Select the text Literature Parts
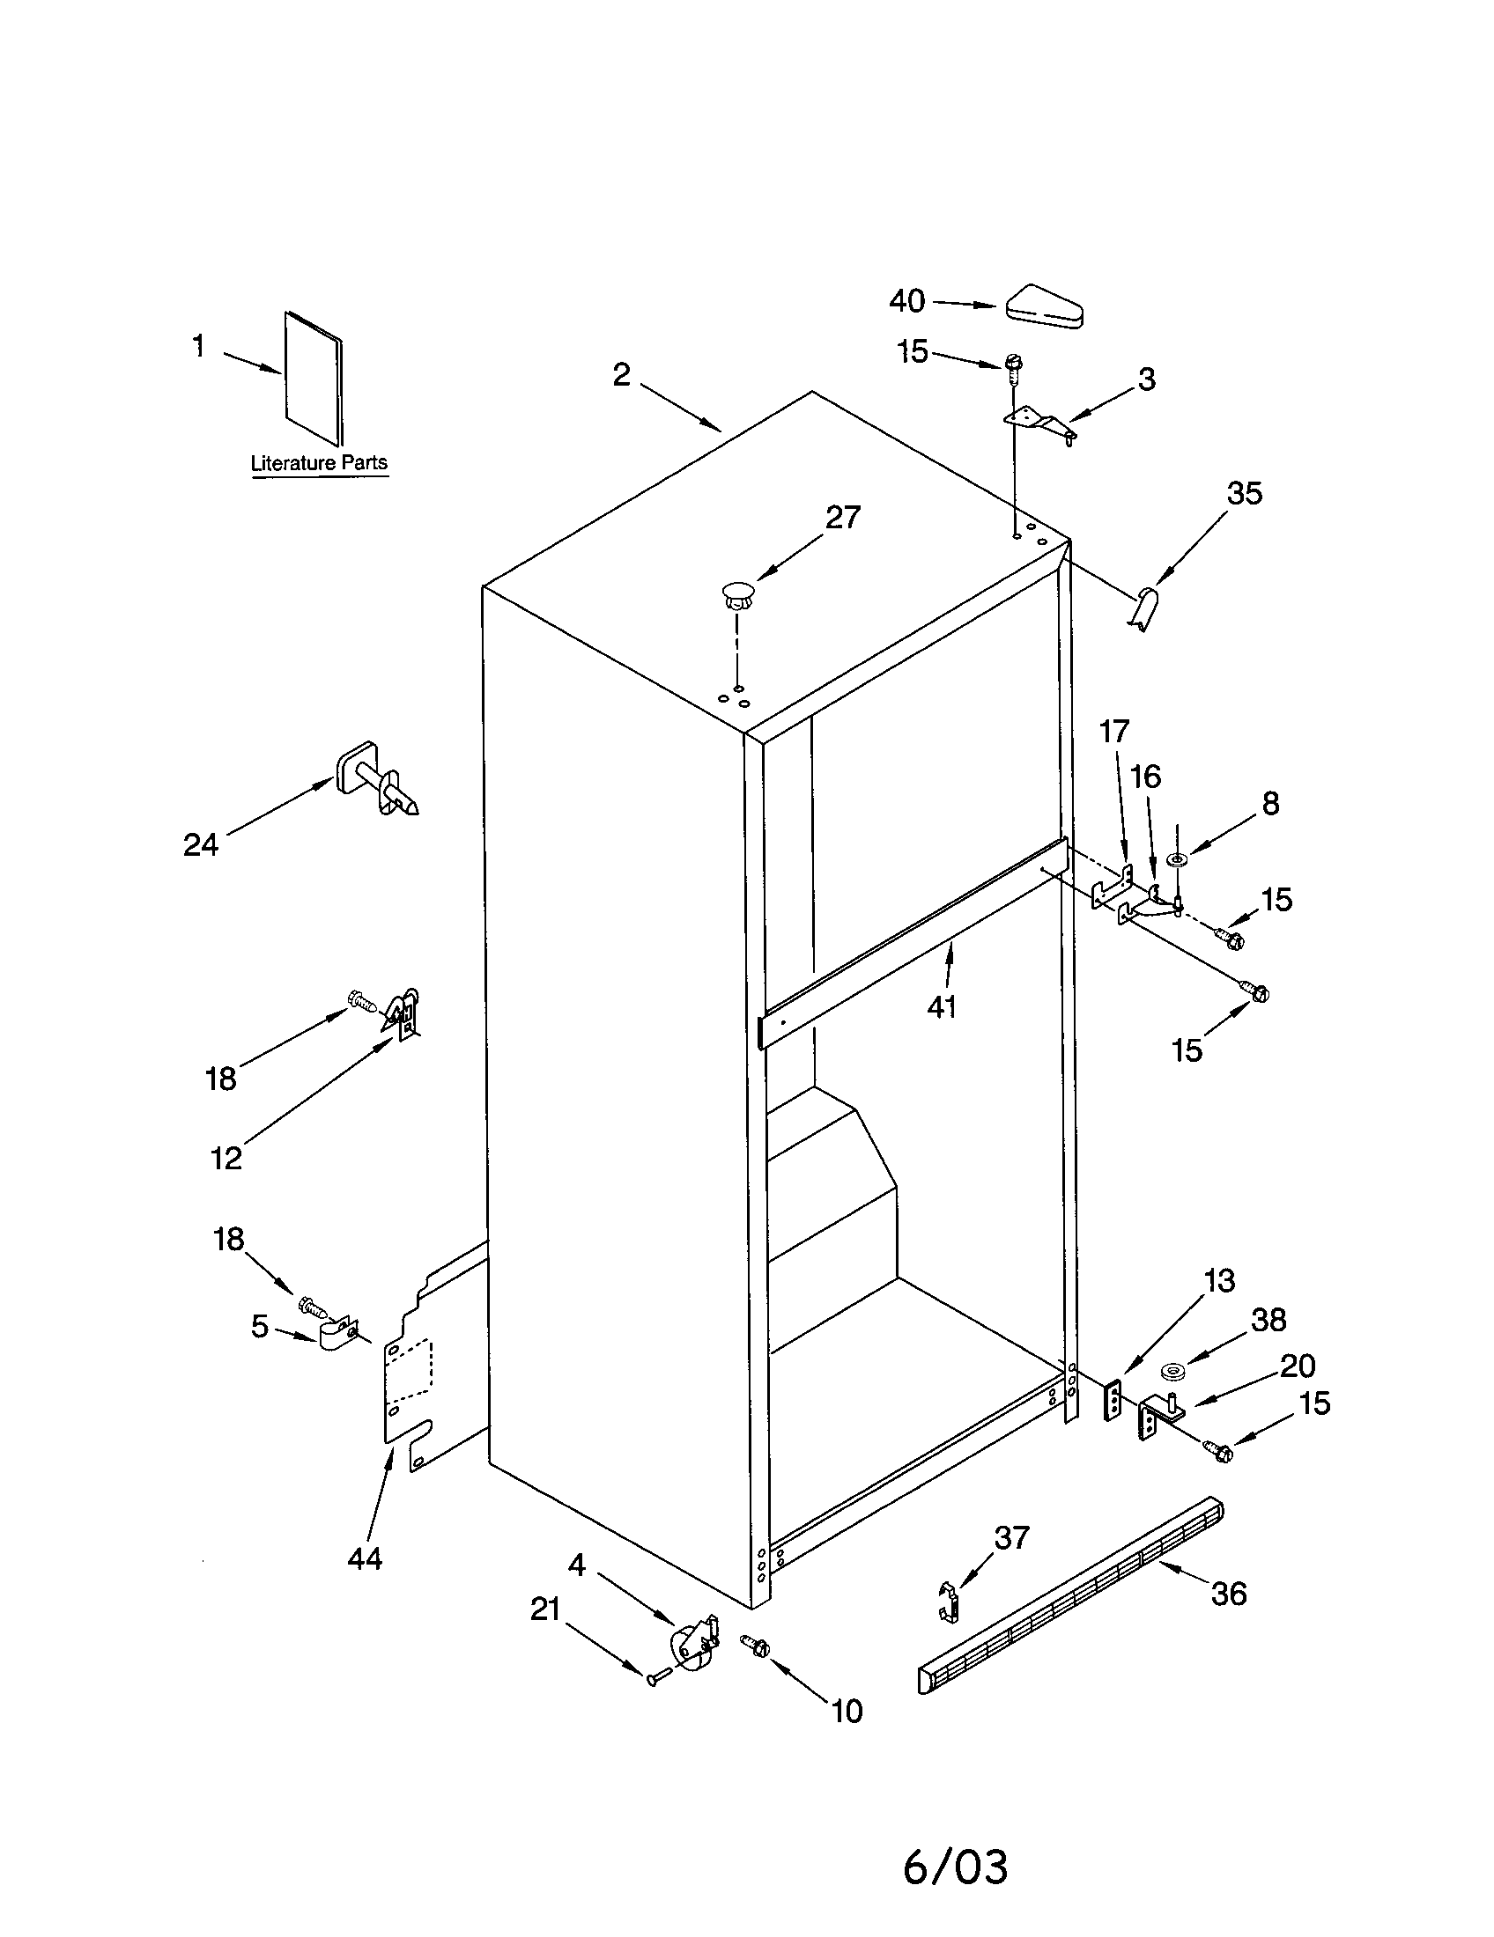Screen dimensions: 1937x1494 click(x=319, y=463)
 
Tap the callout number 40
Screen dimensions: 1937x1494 click(x=906, y=301)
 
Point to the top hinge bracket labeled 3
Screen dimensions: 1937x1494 click(x=1039, y=424)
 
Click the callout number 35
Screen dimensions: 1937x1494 click(x=1244, y=493)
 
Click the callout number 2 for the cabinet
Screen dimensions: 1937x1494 click(x=621, y=375)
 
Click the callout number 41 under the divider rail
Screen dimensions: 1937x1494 click(x=942, y=1007)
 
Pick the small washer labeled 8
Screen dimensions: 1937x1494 click(x=1178, y=859)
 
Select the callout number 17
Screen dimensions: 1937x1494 click(x=1114, y=732)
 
